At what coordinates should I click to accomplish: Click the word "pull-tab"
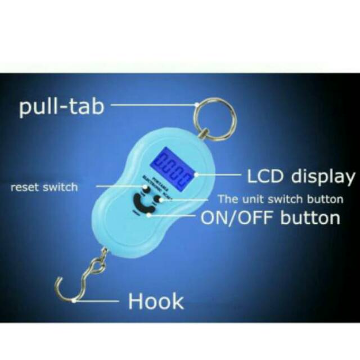click(62, 106)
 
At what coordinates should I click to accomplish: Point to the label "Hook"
click(156, 301)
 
